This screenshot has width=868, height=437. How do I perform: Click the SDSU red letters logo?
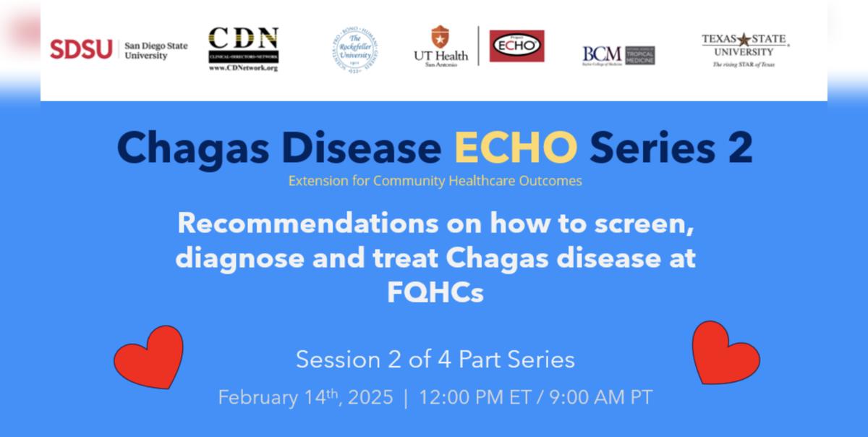81,49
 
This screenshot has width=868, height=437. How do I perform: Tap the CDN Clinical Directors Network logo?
243,48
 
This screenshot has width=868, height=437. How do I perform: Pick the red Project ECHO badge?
516,46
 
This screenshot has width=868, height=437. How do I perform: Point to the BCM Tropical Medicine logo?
618,55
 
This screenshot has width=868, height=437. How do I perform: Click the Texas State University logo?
745,50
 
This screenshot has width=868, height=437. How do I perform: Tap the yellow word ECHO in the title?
516,148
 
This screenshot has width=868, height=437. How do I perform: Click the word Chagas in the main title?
191,148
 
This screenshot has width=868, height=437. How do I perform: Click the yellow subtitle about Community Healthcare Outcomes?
435,181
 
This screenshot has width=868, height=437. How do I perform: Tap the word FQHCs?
435,293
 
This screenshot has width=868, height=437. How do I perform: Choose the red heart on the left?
148,357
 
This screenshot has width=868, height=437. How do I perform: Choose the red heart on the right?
726,352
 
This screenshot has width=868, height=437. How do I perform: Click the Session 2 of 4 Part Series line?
435,360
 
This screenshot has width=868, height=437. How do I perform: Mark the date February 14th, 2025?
305,398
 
